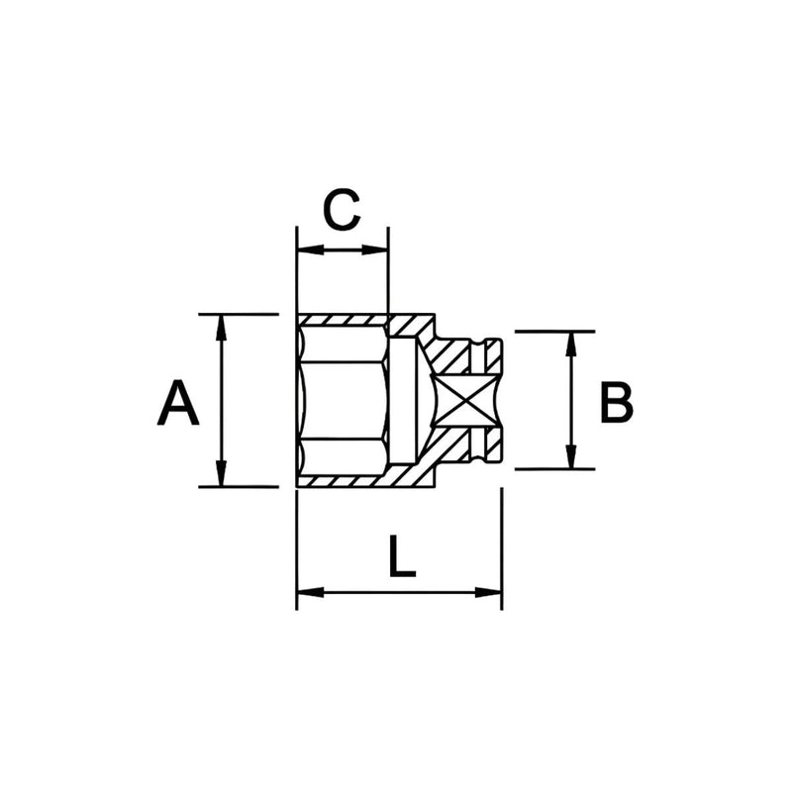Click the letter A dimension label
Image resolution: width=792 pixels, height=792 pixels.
point(178,402)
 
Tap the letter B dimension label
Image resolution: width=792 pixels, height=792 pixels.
point(615,402)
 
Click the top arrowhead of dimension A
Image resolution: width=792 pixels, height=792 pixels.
point(221,324)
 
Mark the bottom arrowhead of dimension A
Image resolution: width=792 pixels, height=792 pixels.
point(221,477)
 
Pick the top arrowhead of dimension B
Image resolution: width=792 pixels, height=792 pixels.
point(571,341)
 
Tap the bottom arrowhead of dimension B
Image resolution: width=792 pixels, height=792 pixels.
point(571,459)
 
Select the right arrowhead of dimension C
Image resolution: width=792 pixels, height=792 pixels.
point(378,248)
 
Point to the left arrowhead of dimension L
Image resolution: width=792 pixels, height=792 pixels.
point(308,592)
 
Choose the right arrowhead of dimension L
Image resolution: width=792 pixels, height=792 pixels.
point(491,592)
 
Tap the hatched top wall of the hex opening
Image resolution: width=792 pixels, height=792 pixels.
point(342,321)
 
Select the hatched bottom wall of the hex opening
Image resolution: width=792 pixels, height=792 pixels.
point(342,481)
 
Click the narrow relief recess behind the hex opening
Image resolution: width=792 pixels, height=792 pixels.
point(401,401)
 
